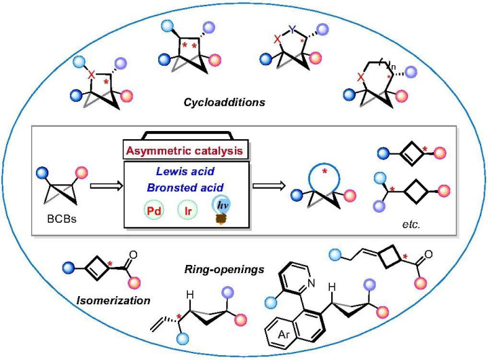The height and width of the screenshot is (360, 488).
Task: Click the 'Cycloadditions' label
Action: [x=224, y=102]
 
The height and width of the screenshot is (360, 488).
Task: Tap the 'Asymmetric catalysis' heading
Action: [x=184, y=151]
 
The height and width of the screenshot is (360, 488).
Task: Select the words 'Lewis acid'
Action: [x=185, y=171]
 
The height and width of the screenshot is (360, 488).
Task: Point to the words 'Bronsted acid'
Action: [x=185, y=187]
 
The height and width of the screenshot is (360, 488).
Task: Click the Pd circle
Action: [x=154, y=211]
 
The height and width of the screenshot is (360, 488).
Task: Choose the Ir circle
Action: [x=188, y=211]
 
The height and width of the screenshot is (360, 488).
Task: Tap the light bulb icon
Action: [x=221, y=209]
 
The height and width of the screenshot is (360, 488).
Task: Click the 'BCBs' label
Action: [x=62, y=219]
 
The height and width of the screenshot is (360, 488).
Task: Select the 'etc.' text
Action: [x=411, y=224]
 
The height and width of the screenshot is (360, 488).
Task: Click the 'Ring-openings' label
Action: [x=224, y=269]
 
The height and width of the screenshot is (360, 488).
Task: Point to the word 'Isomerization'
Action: [x=113, y=300]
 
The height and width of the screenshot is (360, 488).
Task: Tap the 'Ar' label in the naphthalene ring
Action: [x=283, y=335]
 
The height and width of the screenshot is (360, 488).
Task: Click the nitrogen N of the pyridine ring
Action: [x=312, y=283]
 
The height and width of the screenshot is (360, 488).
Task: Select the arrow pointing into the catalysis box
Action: [x=106, y=186]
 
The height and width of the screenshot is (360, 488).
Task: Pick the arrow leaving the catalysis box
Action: [x=269, y=186]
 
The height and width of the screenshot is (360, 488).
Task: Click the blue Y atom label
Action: [x=292, y=29]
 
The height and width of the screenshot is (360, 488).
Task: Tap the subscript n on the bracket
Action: [x=393, y=67]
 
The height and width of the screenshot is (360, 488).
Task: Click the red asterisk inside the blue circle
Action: [x=324, y=171]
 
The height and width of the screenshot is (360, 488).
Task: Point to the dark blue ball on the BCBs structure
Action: [x=42, y=173]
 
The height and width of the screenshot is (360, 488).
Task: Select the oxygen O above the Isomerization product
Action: [x=133, y=255]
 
